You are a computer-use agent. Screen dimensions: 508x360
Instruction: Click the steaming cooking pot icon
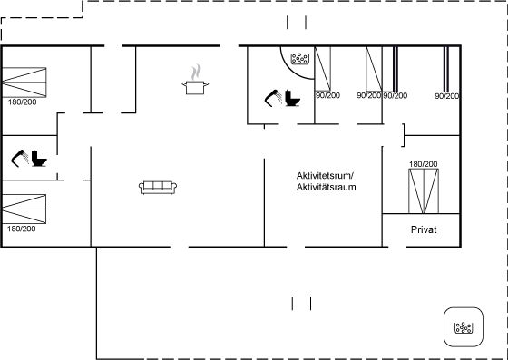click(195, 80)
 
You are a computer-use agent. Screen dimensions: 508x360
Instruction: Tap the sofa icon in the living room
click(158, 188)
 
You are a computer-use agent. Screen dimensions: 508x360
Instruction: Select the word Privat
click(424, 229)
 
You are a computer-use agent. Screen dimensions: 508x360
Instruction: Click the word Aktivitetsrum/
click(325, 176)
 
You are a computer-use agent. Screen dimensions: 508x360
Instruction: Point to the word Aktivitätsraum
click(326, 187)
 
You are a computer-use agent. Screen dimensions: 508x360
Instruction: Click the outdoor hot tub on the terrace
click(464, 327)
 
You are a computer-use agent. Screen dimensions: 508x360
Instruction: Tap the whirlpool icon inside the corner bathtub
click(299, 59)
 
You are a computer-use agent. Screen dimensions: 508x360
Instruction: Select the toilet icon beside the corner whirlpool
click(292, 98)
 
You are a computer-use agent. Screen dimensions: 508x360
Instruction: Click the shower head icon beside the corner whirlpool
click(273, 98)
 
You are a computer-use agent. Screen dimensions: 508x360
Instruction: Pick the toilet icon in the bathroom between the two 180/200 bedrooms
click(39, 159)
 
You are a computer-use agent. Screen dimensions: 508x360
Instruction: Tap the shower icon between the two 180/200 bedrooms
click(20, 159)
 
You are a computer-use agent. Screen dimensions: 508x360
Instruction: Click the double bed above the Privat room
click(424, 191)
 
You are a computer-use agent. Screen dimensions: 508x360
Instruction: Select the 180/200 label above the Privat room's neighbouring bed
click(423, 164)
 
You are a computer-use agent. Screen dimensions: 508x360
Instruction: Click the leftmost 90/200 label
click(327, 95)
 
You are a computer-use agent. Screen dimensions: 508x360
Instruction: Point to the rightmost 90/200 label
click(446, 96)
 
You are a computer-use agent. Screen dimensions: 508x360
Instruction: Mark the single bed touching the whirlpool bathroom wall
click(323, 69)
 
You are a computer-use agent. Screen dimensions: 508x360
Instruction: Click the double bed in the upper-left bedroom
click(24, 83)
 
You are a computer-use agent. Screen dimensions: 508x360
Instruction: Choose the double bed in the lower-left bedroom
click(24, 209)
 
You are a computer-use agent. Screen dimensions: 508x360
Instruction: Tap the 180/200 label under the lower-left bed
click(22, 229)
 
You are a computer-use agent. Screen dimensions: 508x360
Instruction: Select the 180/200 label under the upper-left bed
click(23, 102)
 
